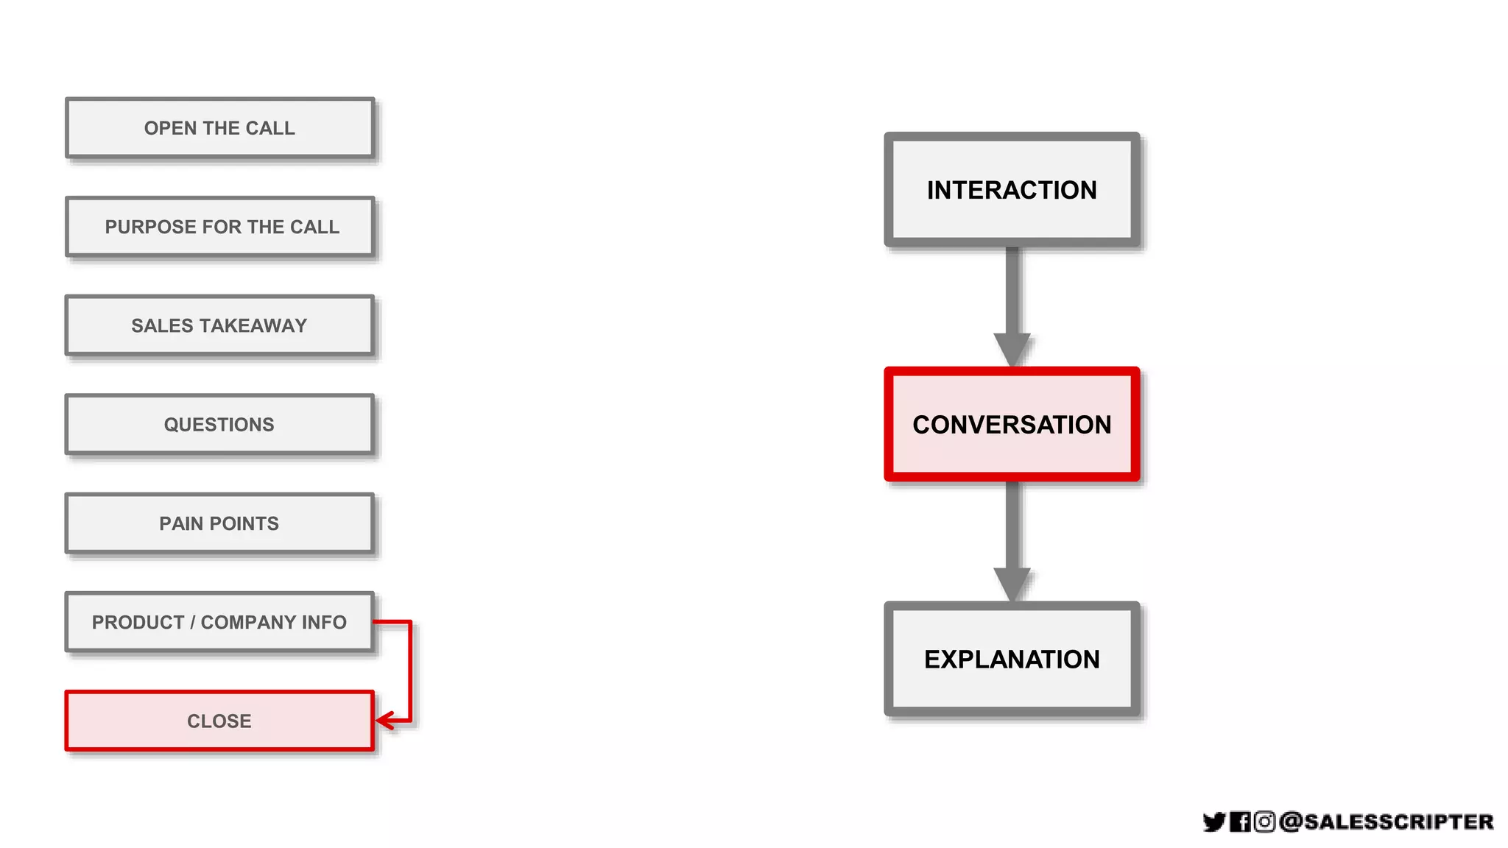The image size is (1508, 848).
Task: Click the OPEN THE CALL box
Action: pos(219,128)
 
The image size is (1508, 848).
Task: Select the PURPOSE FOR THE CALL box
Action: pos(219,227)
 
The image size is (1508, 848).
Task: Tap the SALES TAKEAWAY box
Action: pos(219,325)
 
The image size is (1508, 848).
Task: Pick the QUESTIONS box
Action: pos(219,425)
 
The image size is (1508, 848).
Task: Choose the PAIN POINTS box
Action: pos(219,523)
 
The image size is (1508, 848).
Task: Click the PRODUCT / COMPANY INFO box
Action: pos(219,622)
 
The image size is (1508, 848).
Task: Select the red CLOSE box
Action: pos(219,721)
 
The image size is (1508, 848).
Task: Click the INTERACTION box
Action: pos(1012,190)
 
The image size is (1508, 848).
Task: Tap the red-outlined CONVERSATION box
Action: pos(1012,425)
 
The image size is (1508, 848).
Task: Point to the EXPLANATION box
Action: pos(1012,659)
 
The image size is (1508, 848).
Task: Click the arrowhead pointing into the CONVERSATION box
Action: pos(1012,349)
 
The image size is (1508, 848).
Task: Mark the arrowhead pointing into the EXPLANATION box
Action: pos(1012,584)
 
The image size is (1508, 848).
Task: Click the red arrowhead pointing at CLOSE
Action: pos(384,721)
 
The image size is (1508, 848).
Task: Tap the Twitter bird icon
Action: pos(1213,821)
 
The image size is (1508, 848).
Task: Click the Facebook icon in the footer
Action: pos(1240,821)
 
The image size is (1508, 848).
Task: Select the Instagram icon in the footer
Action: pos(1264,821)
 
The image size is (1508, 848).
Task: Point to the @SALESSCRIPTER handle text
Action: pos(1387,821)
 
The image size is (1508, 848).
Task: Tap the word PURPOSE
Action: pos(150,227)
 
